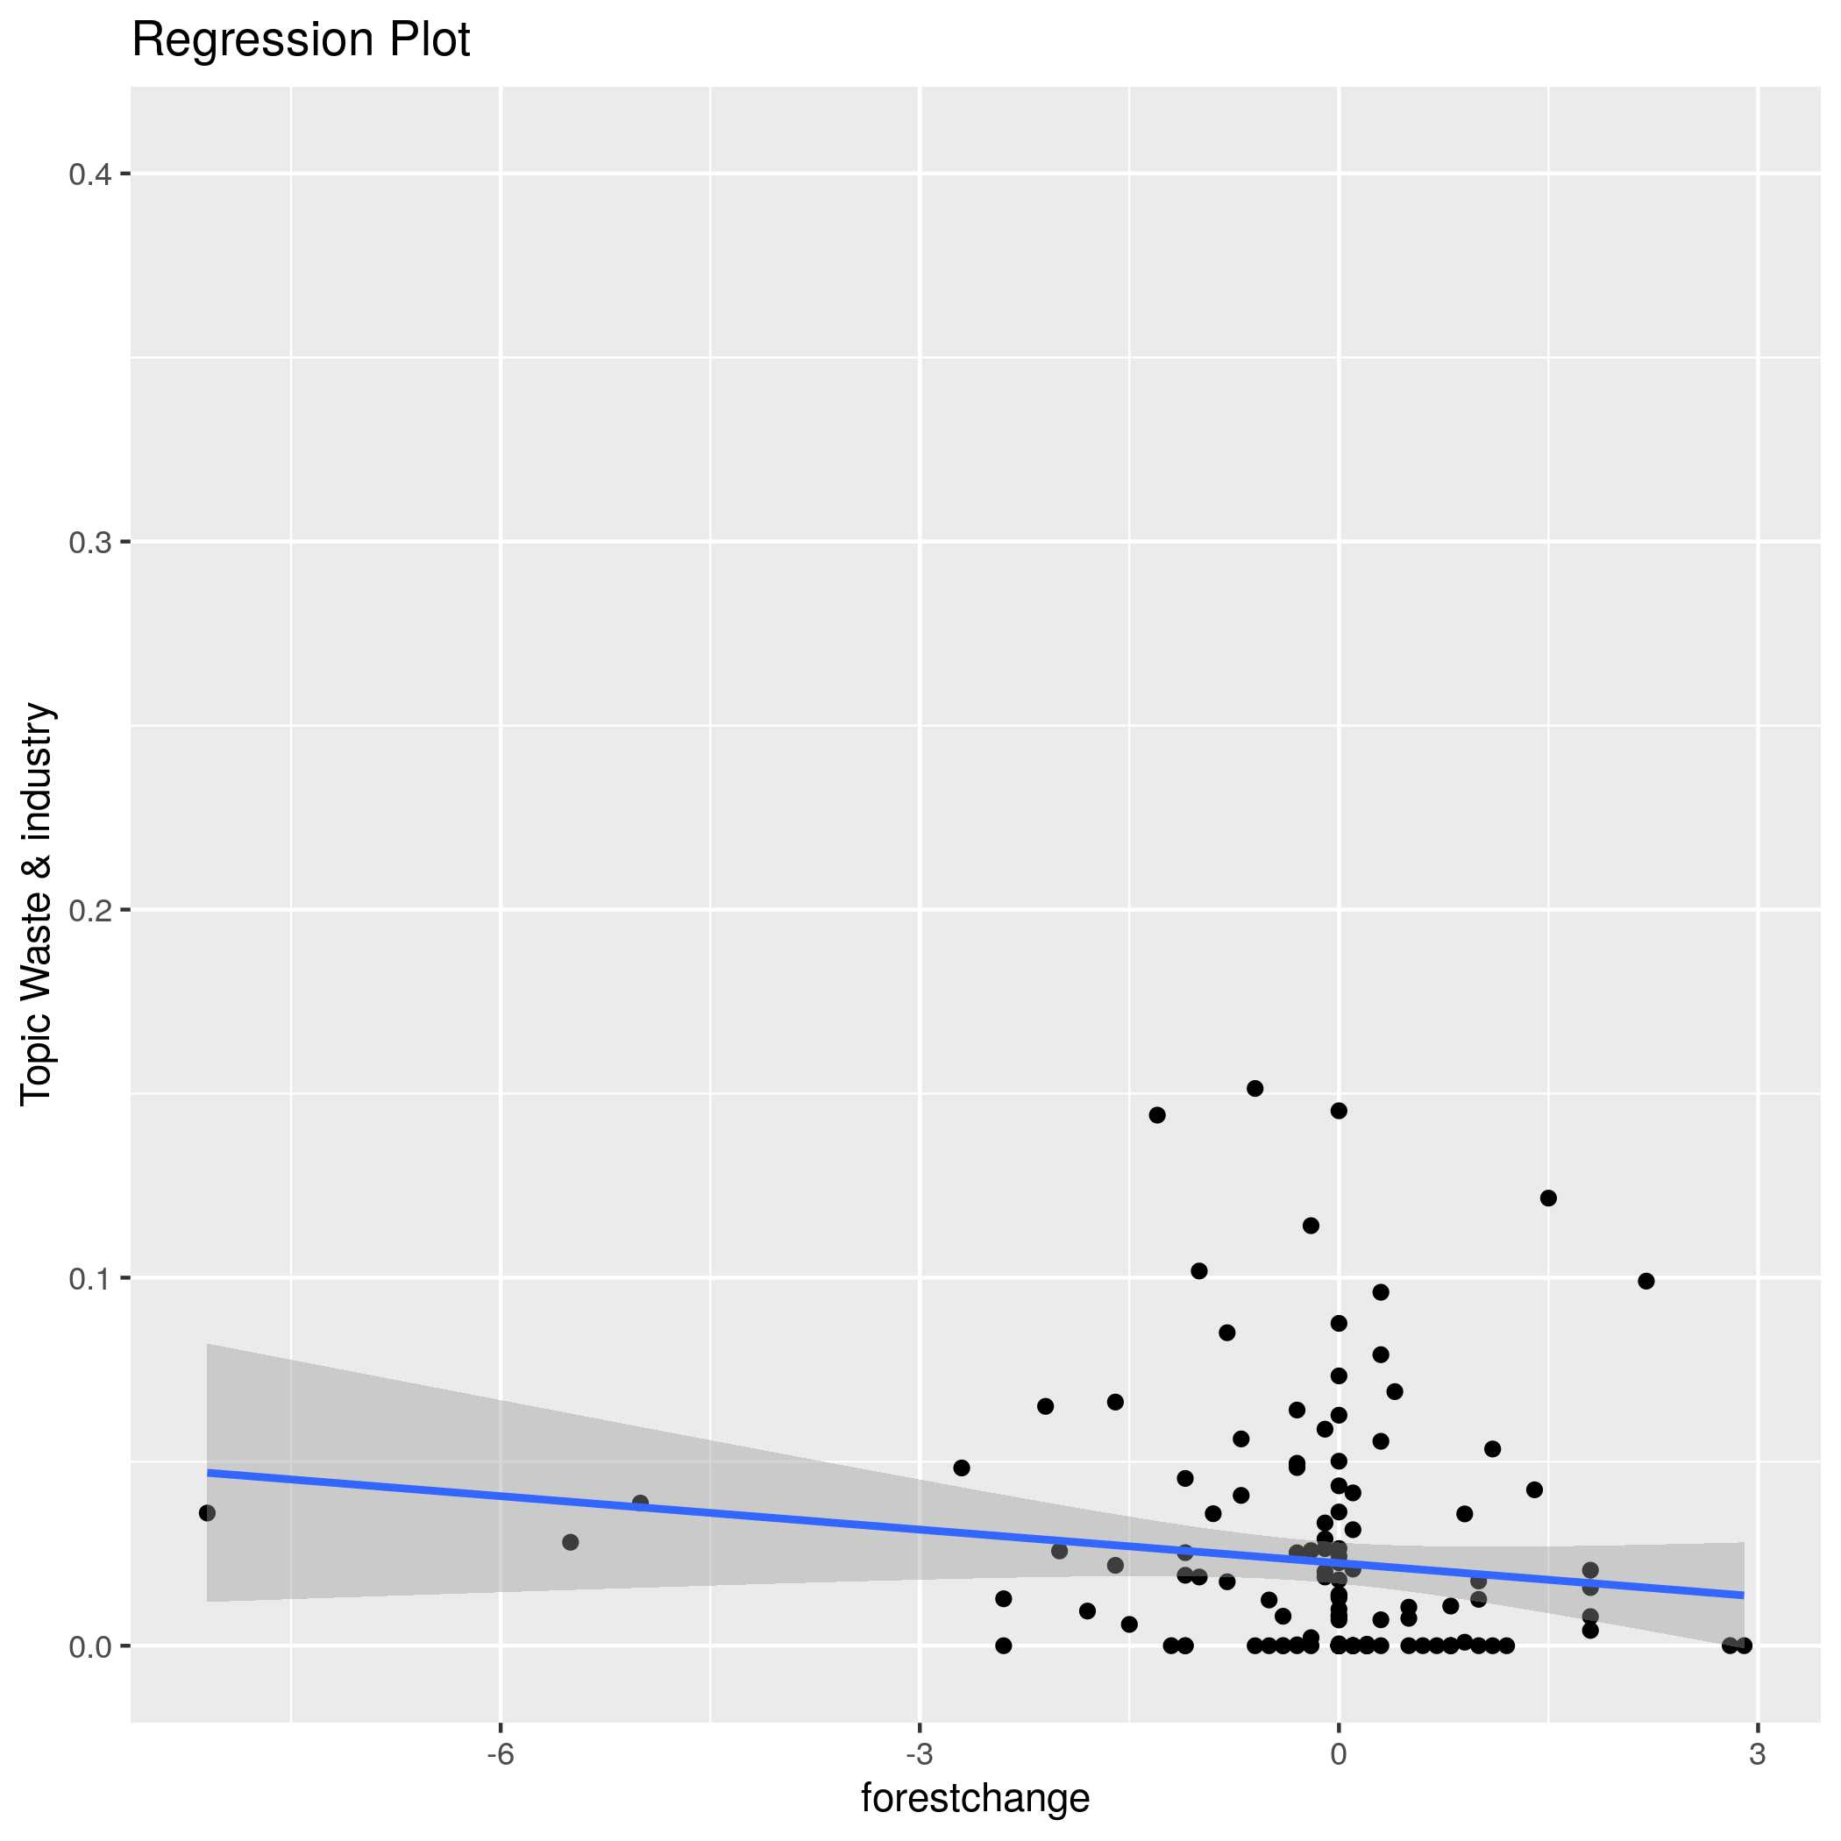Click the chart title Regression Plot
pyautogui.click(x=300, y=41)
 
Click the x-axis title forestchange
pyautogui.click(x=975, y=1798)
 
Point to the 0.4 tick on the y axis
pyautogui.click(x=90, y=174)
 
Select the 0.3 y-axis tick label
pyautogui.click(x=90, y=542)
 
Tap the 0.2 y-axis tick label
pyautogui.click(x=90, y=910)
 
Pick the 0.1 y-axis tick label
pyautogui.click(x=90, y=1278)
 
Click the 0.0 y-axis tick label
pyautogui.click(x=90, y=1646)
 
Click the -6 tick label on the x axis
pyautogui.click(x=501, y=1754)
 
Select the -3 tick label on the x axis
pyautogui.click(x=919, y=1754)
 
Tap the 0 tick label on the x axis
pyautogui.click(x=1338, y=1754)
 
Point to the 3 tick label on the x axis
pyautogui.click(x=1757, y=1754)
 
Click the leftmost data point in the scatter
pyautogui.click(x=207, y=1513)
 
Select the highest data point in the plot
pyautogui.click(x=1255, y=1088)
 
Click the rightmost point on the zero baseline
pyautogui.click(x=1744, y=1646)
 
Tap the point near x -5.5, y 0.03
pyautogui.click(x=570, y=1542)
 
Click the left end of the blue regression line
pyautogui.click(x=208, y=1472)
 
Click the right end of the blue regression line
pyautogui.click(x=1744, y=1596)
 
